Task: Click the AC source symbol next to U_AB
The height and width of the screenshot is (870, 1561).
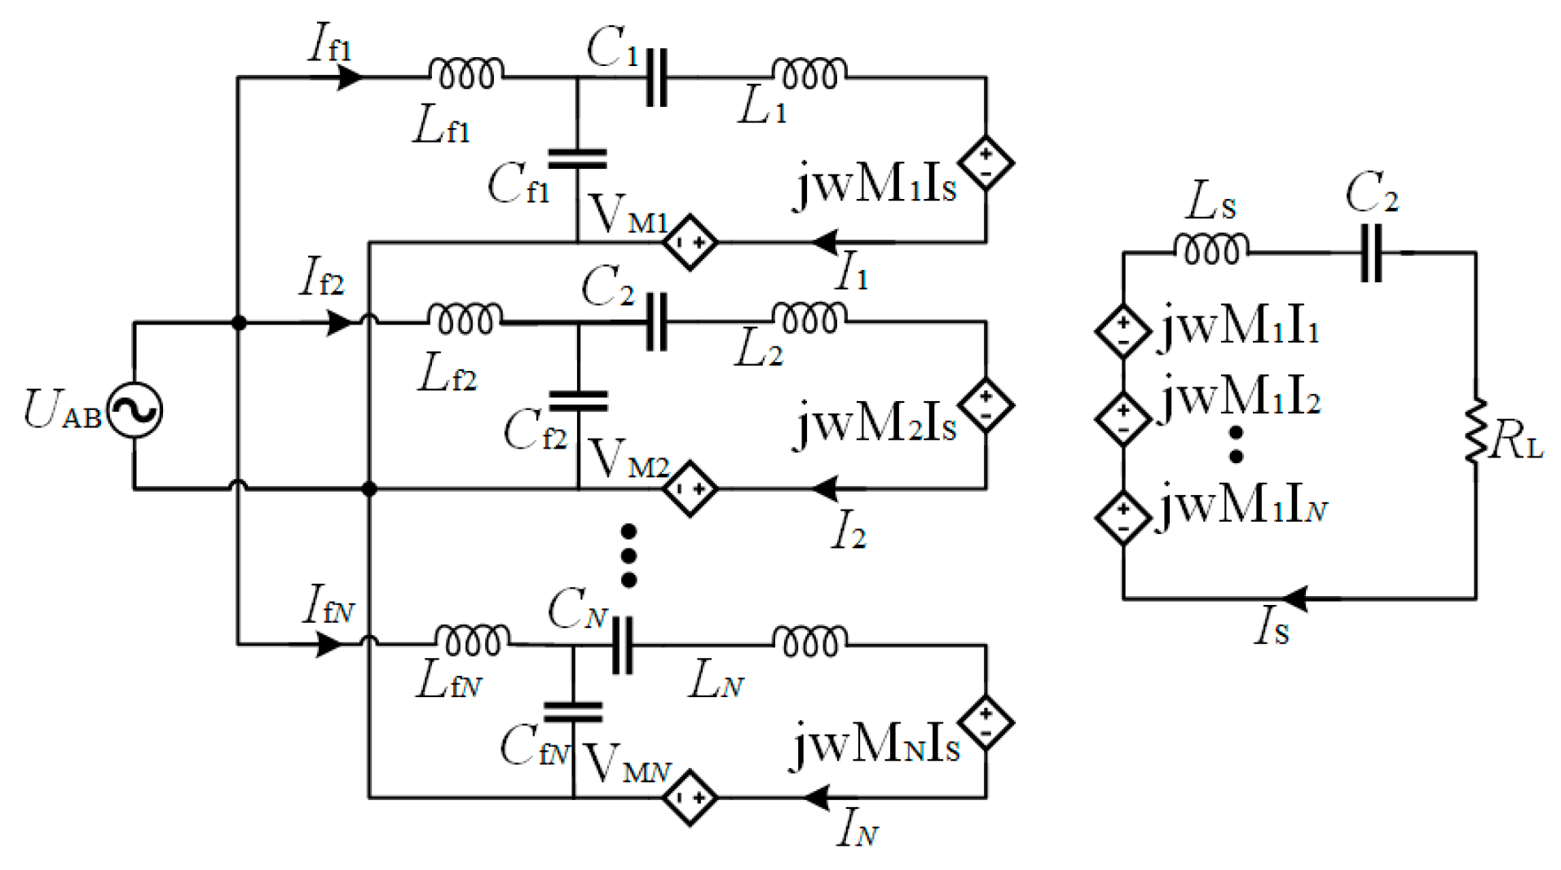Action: [x=135, y=410]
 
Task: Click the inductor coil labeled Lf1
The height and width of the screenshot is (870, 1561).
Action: [x=465, y=74]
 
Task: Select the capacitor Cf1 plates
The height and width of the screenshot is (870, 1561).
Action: [x=577, y=159]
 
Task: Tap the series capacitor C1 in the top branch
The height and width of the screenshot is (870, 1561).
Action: [x=656, y=77]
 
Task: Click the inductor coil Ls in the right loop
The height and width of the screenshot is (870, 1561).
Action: [x=1210, y=250]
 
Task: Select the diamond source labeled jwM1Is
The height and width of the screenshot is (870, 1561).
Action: [x=986, y=162]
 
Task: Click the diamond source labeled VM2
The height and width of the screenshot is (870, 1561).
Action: [x=690, y=488]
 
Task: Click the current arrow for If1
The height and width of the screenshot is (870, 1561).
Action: [x=349, y=77]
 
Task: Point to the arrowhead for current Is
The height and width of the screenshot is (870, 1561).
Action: [x=1295, y=599]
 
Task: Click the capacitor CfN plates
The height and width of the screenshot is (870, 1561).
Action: [x=572, y=713]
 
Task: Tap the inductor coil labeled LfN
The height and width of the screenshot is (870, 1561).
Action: [x=472, y=641]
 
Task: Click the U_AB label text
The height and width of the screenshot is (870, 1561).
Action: [x=62, y=410]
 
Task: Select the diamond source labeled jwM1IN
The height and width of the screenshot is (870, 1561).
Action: [x=1122, y=517]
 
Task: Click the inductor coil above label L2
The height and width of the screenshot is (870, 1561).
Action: [x=809, y=319]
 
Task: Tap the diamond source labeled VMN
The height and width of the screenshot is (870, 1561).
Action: [x=690, y=797]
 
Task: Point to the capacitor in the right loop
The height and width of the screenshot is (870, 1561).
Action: [x=1371, y=254]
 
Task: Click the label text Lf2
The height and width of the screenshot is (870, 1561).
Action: [x=447, y=374]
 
